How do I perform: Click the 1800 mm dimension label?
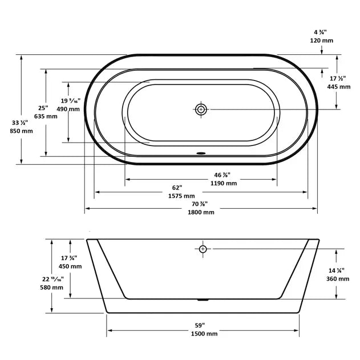coord(201,212)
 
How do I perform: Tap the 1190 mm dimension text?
coord(223,183)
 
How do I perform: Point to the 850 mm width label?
coord(22,131)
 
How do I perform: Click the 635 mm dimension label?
coord(46,116)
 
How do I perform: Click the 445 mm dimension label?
coord(339,87)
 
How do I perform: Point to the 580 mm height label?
coord(52,288)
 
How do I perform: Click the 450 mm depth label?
coord(71,266)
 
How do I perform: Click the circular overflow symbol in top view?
coord(201,110)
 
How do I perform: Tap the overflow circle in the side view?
coord(203,249)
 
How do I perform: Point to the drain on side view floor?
coord(203,298)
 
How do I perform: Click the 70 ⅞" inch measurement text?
coord(200,204)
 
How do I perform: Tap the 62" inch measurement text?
coord(177,188)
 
